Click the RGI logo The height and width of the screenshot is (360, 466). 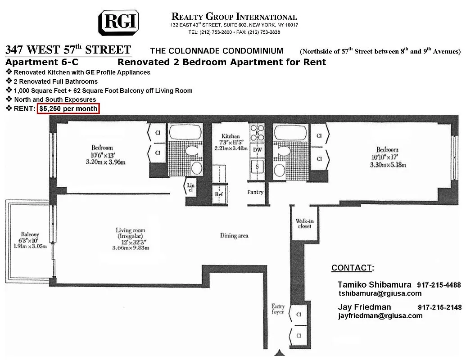tap(118, 22)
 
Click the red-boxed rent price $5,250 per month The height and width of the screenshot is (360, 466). tap(68, 108)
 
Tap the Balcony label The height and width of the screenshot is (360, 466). tap(29, 234)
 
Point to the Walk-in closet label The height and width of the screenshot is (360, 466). tap(304, 223)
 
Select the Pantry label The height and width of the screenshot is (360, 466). tap(255, 192)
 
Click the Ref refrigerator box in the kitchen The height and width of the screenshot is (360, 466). tap(219, 194)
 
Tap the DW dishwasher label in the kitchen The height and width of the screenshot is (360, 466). tap(257, 149)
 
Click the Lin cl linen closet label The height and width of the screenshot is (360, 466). tap(190, 187)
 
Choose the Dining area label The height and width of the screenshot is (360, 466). tap(234, 235)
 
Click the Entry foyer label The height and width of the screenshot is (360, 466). tap(278, 309)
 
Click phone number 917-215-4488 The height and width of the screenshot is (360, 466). tap(439, 285)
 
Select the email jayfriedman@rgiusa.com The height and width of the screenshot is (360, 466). tap(380, 315)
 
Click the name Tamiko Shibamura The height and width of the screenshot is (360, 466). tap(374, 285)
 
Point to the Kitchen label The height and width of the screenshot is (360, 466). tap(231, 136)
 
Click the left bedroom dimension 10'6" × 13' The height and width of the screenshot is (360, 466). tap(102, 155)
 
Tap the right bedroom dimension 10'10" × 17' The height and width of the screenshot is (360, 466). tap(387, 157)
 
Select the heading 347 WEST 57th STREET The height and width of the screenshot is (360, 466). tap(68, 50)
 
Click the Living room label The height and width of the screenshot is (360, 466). tap(130, 231)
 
